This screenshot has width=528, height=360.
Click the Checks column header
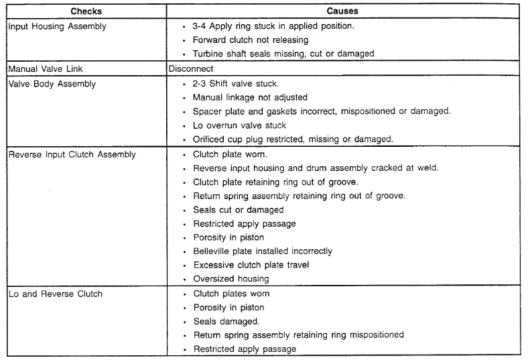pyautogui.click(x=87, y=12)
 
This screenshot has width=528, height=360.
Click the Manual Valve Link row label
pyautogui.click(x=42, y=68)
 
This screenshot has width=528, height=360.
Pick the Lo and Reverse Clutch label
pyautogui.click(x=56, y=294)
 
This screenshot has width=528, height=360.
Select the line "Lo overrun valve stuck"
pyautogui.click(x=239, y=125)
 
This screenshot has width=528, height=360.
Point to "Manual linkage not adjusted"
pyautogui.click(x=249, y=99)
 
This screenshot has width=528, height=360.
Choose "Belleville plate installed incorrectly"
pyautogui.click(x=263, y=251)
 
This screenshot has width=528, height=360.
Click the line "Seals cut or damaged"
pyautogui.click(x=238, y=210)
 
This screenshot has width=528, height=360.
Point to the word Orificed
pyautogui.click(x=211, y=139)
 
